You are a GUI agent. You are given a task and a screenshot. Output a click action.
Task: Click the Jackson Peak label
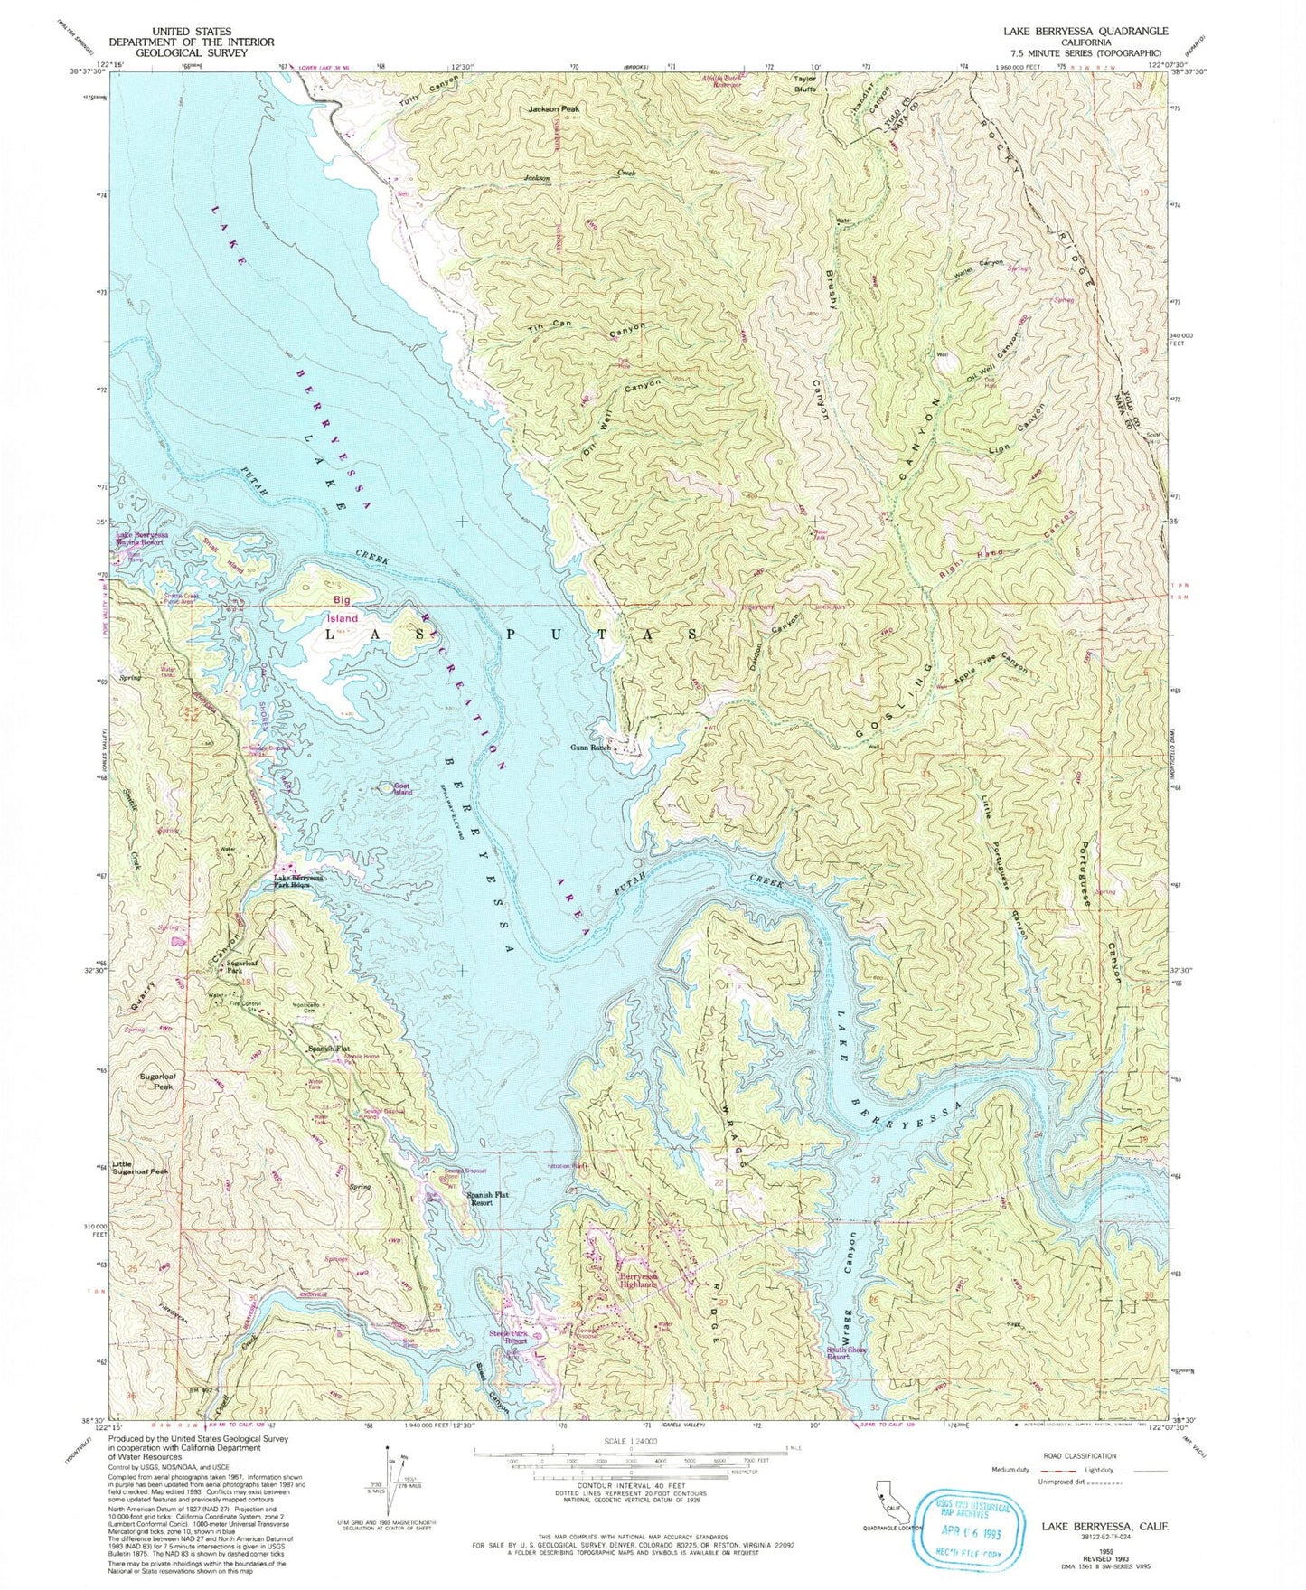tap(553, 109)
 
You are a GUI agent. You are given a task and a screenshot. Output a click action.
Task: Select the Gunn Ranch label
tap(591, 748)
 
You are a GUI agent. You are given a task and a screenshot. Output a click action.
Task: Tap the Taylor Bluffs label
tap(804, 84)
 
